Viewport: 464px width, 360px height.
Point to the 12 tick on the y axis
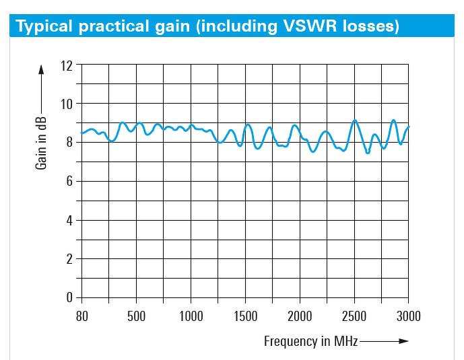tap(65, 65)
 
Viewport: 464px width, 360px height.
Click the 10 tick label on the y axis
tap(65, 104)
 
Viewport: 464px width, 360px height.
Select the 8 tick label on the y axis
tap(69, 143)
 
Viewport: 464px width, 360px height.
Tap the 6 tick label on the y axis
tap(69, 181)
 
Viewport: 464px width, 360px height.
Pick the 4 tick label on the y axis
tap(69, 220)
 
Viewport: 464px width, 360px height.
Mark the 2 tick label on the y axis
tap(69, 259)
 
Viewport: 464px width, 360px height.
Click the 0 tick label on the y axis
tap(69, 297)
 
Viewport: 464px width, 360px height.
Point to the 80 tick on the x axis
tap(81, 317)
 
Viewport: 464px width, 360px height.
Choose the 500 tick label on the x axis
tap(136, 317)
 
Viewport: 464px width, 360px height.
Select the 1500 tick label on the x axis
tap(246, 317)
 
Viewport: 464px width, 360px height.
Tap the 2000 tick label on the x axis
tap(300, 317)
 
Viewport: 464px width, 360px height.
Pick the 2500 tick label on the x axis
tap(354, 317)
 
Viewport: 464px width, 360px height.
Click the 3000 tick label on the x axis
tap(408, 317)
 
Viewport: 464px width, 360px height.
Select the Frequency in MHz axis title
tap(310, 341)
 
